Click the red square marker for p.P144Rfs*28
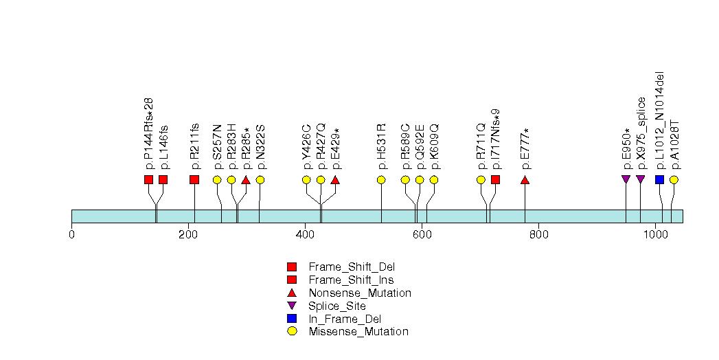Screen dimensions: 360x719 [x=148, y=180]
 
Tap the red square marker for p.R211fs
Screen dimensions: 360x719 [x=194, y=180]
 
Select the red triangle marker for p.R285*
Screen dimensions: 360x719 [x=246, y=180]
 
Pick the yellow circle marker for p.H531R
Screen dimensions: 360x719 [x=381, y=180]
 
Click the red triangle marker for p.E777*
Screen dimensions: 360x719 [x=525, y=180]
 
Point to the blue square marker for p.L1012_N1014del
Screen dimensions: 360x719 [x=659, y=180]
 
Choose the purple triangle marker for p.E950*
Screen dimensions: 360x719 [x=626, y=180]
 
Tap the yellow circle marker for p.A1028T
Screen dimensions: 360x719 [x=674, y=180]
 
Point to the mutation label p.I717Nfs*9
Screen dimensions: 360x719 [x=496, y=138]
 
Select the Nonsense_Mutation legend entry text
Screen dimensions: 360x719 [x=360, y=293]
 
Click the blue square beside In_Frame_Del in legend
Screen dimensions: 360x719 [x=292, y=319]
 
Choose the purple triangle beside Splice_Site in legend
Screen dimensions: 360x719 [x=292, y=306]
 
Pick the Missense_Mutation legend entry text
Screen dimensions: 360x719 [x=358, y=332]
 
